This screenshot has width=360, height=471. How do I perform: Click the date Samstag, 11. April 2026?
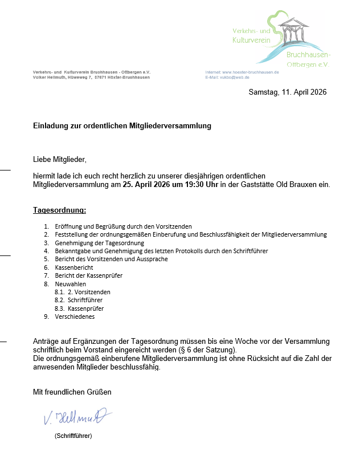288,92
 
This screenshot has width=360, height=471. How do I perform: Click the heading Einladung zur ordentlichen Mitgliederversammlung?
122,125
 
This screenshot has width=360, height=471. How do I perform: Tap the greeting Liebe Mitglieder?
59,159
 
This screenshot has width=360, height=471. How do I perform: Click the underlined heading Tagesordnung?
59,210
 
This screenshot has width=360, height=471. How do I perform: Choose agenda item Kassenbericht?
74,267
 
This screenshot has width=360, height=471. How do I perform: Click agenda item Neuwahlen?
71,284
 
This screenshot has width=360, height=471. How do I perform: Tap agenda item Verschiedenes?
75,316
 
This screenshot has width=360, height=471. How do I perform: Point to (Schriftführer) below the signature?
73,436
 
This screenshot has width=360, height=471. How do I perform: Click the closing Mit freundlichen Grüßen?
72,392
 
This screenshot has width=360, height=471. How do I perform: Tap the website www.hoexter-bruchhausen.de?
250,72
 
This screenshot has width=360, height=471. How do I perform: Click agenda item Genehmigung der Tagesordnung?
91,243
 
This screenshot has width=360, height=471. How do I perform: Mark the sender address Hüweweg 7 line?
91,78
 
